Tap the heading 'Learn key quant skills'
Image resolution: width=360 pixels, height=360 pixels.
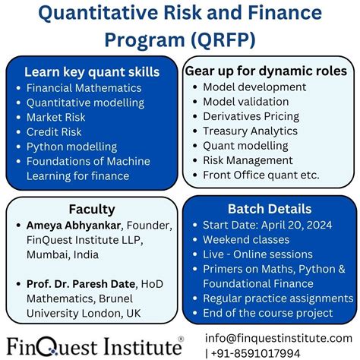tap(91, 72)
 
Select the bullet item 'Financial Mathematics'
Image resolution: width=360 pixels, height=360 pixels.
tap(84, 87)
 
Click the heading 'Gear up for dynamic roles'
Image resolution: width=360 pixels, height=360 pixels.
tap(266, 71)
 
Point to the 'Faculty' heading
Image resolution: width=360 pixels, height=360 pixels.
tap(92, 209)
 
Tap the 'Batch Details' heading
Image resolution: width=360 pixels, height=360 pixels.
tap(269, 208)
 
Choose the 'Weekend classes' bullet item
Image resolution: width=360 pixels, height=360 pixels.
tap(251, 239)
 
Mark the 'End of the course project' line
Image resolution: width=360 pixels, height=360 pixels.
tap(267, 312)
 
